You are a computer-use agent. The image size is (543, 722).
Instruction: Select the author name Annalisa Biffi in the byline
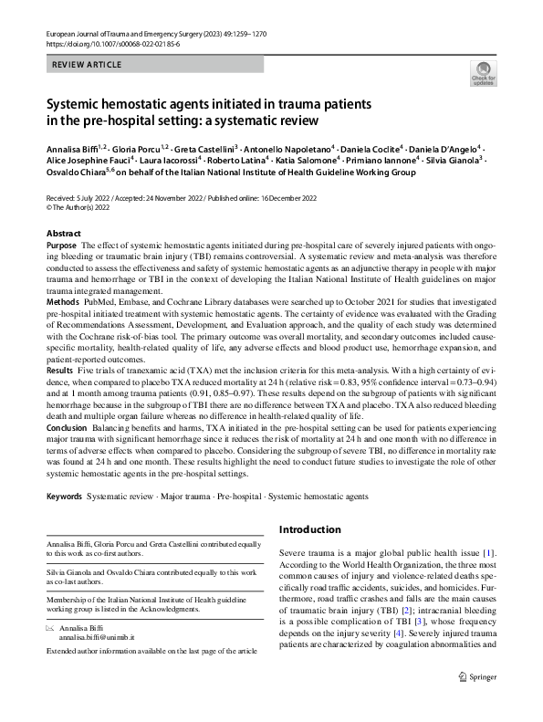(x=72, y=147)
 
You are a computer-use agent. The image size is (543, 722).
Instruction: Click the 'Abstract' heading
(x=64, y=234)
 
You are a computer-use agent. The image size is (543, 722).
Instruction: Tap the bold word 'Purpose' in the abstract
(x=62, y=247)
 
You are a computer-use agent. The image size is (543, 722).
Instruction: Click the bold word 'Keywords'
(x=65, y=497)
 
